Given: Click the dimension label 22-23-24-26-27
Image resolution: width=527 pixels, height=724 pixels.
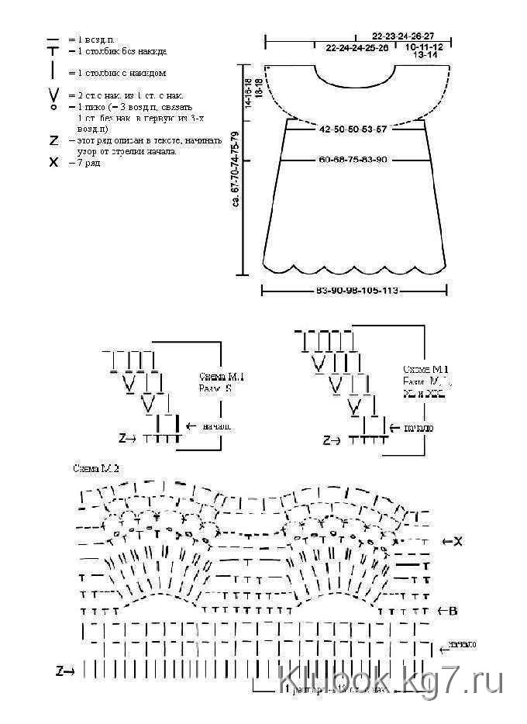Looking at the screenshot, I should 402,36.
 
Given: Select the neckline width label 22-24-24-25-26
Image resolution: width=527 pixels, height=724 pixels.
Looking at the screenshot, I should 356,47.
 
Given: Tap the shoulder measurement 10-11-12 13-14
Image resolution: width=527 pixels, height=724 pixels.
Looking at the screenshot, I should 424,51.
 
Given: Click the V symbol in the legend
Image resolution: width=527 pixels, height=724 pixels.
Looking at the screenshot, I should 53,95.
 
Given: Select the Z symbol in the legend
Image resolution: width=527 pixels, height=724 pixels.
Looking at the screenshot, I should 53,141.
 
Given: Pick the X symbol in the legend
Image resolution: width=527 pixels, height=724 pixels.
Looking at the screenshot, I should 53,163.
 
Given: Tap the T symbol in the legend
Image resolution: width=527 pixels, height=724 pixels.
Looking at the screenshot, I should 53,52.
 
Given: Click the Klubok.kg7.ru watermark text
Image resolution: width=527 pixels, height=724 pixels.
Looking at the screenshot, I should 391,682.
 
